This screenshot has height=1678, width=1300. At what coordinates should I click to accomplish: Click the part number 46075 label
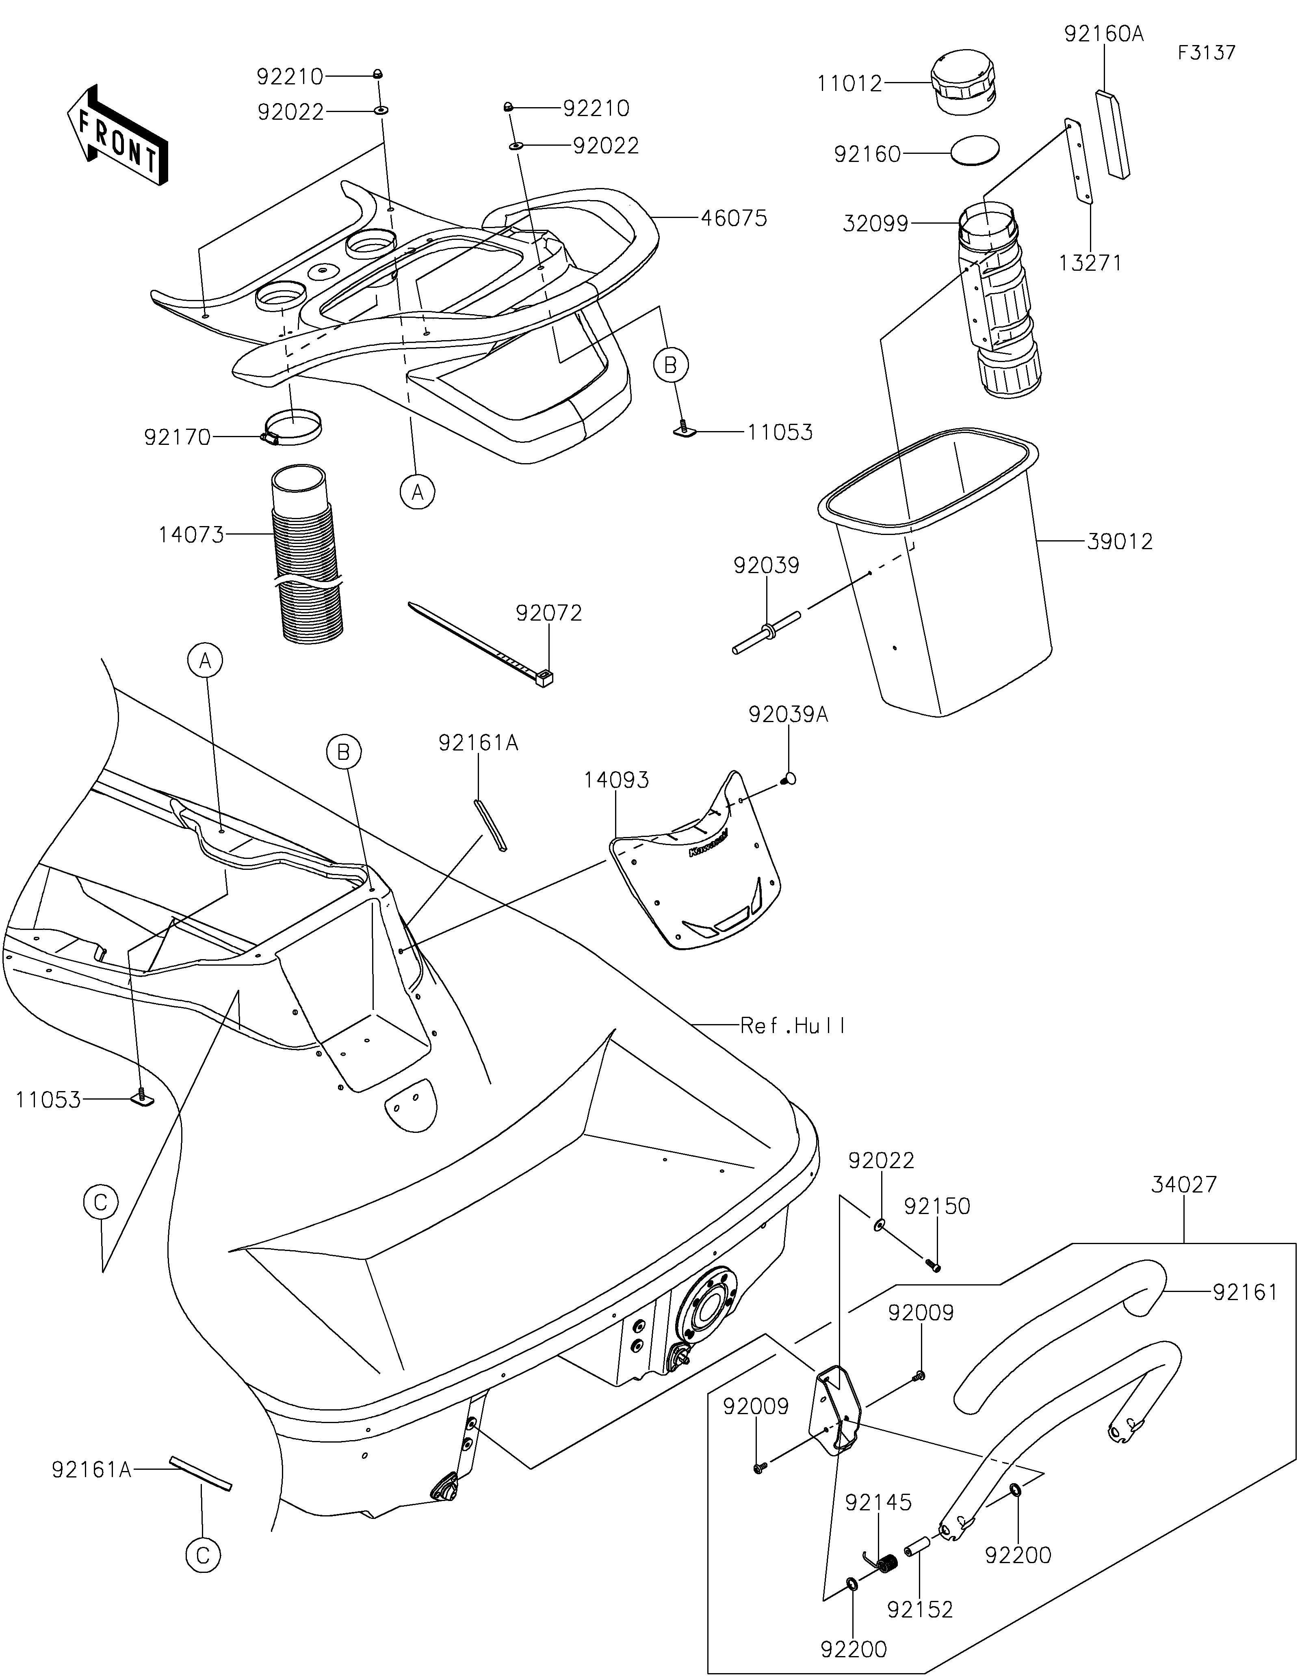pyautogui.click(x=733, y=218)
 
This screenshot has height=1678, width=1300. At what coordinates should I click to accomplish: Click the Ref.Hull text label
pyautogui.click(x=793, y=1025)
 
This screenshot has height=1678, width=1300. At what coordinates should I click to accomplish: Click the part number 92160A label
pyautogui.click(x=1103, y=34)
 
